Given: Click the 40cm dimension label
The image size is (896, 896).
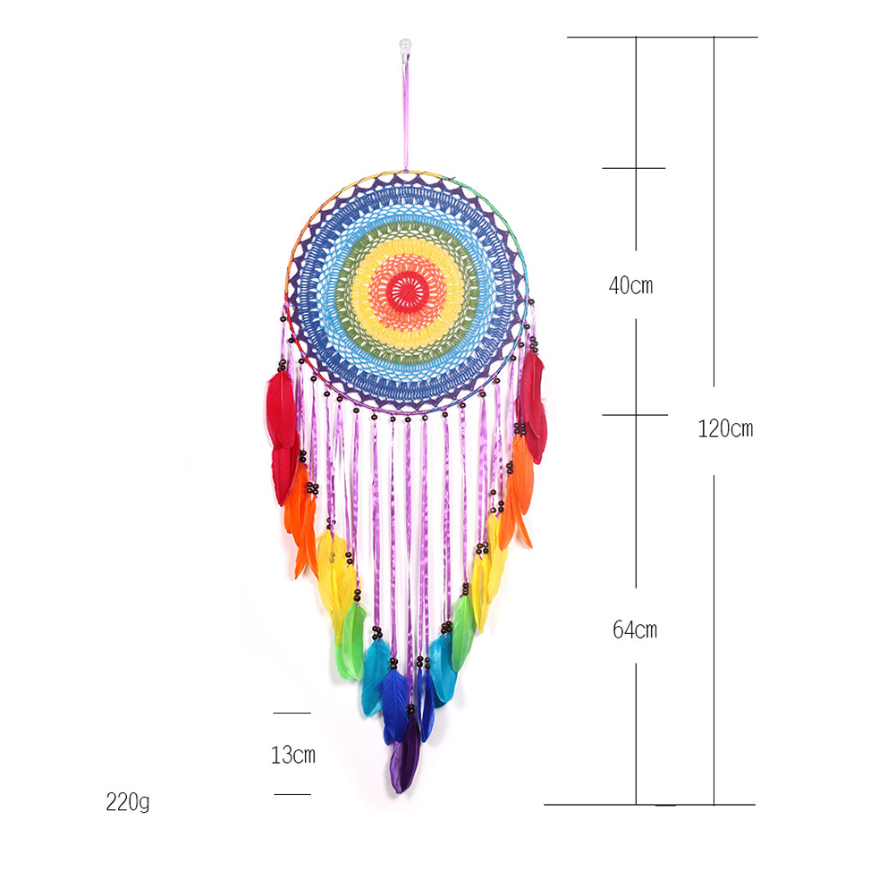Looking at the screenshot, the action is point(630,285).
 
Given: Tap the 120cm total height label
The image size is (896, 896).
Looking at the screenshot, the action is point(725,428).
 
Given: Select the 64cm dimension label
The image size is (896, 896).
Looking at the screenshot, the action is point(635,630).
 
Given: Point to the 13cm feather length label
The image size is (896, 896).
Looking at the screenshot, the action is point(293,755).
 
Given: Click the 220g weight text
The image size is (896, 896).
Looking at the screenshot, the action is point(128,802).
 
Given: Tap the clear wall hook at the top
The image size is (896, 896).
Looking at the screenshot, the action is point(405,48).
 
